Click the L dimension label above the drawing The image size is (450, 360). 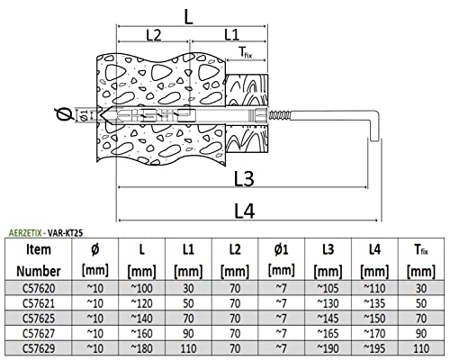(x=188, y=17)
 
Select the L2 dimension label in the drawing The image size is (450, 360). (x=154, y=35)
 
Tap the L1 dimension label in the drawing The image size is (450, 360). (x=231, y=35)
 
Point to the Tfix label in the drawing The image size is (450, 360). (x=246, y=53)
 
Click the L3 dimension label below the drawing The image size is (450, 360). (x=244, y=179)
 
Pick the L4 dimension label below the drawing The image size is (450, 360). (x=244, y=211)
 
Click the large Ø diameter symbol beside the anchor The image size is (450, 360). (x=64, y=114)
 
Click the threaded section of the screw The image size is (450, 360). (x=279, y=115)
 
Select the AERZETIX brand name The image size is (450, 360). (x=25, y=233)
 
